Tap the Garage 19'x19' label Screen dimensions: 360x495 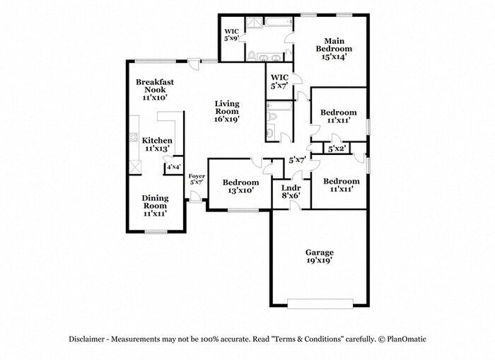[x=319, y=256]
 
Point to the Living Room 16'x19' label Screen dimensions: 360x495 [x=226, y=112]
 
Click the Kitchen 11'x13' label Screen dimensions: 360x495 [x=157, y=145]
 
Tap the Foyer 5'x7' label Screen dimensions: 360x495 [x=196, y=179]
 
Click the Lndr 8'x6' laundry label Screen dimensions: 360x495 [x=291, y=191]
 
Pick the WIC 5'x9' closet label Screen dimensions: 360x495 [x=231, y=35]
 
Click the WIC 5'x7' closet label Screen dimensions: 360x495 [x=279, y=81]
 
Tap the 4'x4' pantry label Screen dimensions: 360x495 [x=173, y=168]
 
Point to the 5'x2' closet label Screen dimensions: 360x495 [x=337, y=149]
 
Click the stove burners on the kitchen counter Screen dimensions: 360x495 [x=132, y=139]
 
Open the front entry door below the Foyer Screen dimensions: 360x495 [x=194, y=201]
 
